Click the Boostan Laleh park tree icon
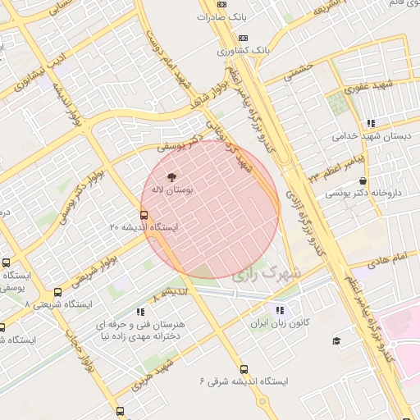point(171,176)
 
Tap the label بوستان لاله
point(172,189)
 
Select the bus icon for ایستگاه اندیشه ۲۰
point(144,216)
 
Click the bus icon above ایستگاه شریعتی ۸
point(57,292)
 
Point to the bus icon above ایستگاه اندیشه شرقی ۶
point(243,369)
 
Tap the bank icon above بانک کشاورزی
point(243,38)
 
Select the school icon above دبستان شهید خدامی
point(370,123)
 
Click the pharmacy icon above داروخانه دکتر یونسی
point(363,181)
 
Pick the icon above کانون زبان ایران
point(280,311)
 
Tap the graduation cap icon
point(335,340)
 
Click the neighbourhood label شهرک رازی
point(267,273)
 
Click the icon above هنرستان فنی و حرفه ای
point(140,311)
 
